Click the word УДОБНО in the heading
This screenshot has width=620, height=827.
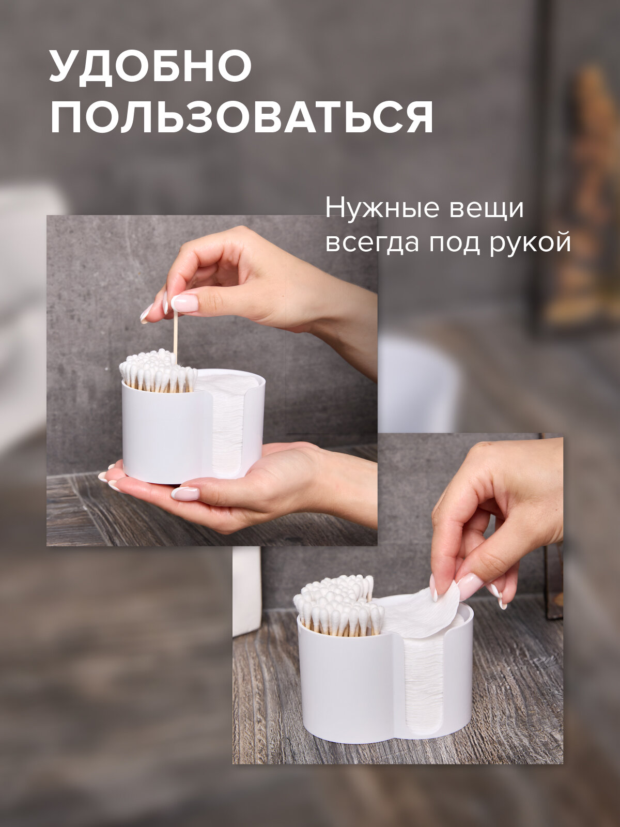click(150, 67)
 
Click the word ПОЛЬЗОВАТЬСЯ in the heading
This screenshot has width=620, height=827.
click(241, 117)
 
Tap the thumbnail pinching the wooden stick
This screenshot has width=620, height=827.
click(184, 303)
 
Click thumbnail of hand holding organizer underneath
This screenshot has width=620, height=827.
click(185, 493)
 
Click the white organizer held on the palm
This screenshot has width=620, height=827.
click(165, 439)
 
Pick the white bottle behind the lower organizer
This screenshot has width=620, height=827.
click(246, 589)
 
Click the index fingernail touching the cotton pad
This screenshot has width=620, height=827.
click(469, 586)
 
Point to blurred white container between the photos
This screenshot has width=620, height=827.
click(419, 382)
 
